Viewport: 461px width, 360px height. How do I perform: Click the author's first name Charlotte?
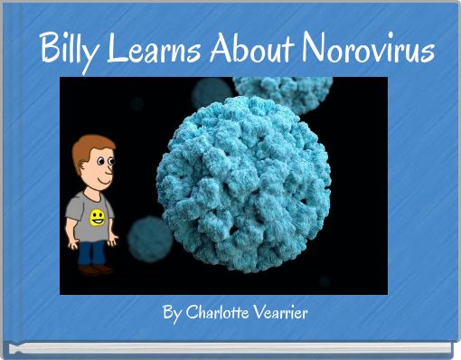pyautogui.click(x=217, y=314)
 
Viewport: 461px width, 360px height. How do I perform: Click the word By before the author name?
pyautogui.click(x=172, y=314)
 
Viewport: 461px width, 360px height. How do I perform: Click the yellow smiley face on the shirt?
pyautogui.click(x=97, y=216)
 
